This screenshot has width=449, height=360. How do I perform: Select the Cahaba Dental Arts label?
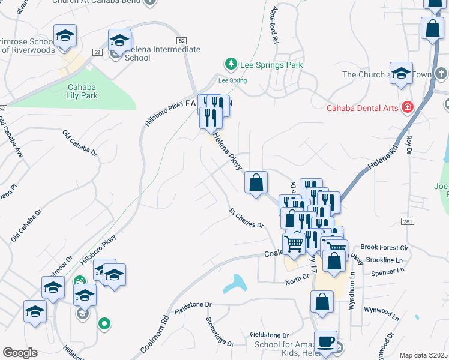coord(363,108)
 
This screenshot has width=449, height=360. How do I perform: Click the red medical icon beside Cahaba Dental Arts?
coord(408,107)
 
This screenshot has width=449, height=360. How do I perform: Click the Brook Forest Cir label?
coord(385,247)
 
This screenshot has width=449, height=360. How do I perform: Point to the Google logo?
coord(20,352)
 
